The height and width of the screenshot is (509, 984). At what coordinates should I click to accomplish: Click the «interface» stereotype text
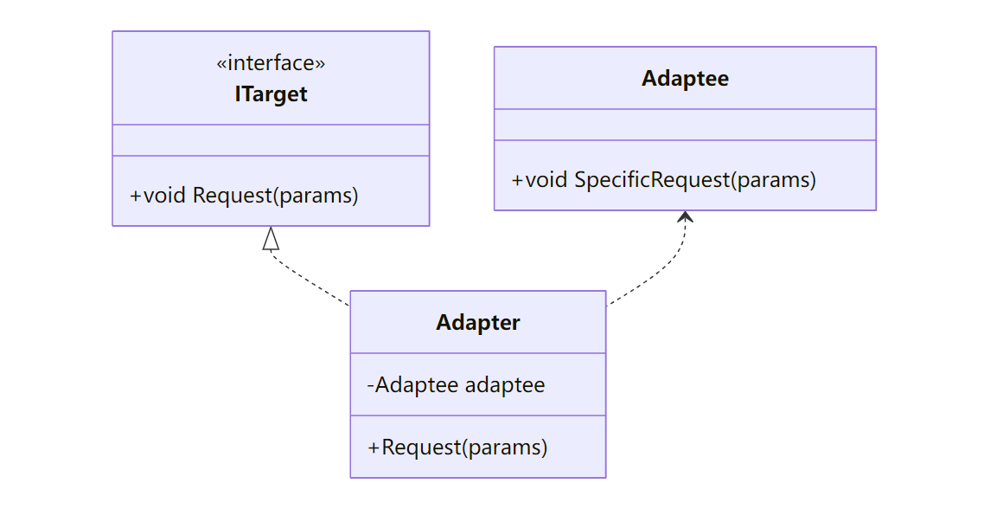271,63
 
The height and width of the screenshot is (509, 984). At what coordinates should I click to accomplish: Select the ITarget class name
271,93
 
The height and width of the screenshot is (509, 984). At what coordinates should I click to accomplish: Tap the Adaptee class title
685,79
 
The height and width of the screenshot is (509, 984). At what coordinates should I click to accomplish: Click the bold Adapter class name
478,323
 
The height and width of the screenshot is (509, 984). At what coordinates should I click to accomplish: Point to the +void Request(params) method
244,195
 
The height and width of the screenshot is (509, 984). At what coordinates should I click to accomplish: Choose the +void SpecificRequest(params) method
664,180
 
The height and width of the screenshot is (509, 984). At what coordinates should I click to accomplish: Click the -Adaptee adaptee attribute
456,384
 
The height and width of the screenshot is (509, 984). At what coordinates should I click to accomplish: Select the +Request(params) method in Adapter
457,448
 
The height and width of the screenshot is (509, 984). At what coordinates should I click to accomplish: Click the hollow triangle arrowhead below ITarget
272,239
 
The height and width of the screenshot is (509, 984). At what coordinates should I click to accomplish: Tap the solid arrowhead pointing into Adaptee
686,216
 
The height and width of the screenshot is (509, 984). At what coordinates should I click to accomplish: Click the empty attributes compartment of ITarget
271,140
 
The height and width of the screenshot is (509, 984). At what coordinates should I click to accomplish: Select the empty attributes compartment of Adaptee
685,125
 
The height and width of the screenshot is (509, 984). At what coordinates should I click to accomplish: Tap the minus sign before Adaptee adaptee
371,384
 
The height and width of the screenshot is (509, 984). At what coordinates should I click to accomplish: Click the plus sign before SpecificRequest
518,180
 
